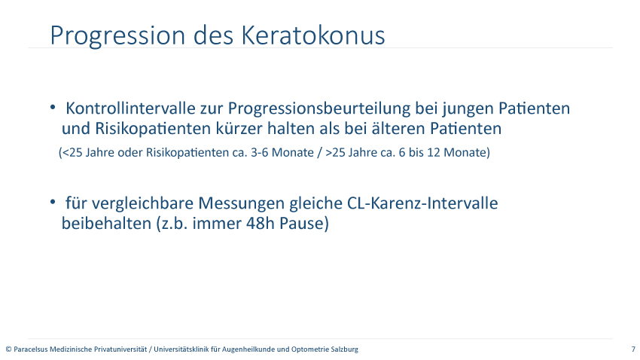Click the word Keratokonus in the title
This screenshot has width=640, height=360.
tap(313, 35)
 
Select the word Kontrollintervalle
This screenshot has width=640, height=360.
tap(130, 108)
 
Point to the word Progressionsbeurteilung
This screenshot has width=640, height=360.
tap(319, 109)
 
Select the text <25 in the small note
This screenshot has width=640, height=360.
tap(72, 152)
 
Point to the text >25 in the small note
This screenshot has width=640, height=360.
tap(335, 152)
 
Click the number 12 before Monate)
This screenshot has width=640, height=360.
tap(434, 152)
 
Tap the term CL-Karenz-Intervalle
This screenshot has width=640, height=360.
tap(422, 203)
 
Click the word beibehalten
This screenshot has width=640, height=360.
tap(106, 223)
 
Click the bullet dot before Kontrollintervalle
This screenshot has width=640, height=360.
tap(53, 107)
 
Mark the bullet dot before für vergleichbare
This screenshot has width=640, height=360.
tap(53, 202)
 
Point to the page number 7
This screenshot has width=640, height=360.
tap(633, 349)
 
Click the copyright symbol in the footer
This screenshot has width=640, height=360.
tap(8, 349)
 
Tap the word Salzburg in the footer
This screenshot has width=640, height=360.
tap(346, 349)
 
